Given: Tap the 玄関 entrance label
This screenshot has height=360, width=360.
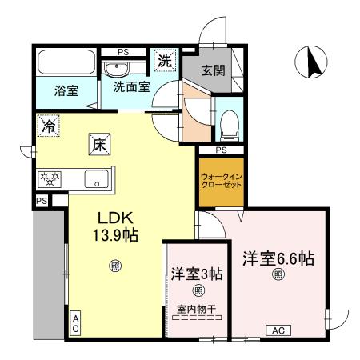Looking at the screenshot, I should tap(213, 70).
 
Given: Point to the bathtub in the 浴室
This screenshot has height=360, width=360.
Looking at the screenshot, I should tap(66, 62).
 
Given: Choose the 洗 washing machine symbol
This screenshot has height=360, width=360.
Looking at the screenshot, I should tap(164, 59).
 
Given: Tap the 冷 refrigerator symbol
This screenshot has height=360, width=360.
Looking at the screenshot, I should tap(48, 126).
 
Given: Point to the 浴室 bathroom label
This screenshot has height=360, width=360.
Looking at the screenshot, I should tap(66, 90).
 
